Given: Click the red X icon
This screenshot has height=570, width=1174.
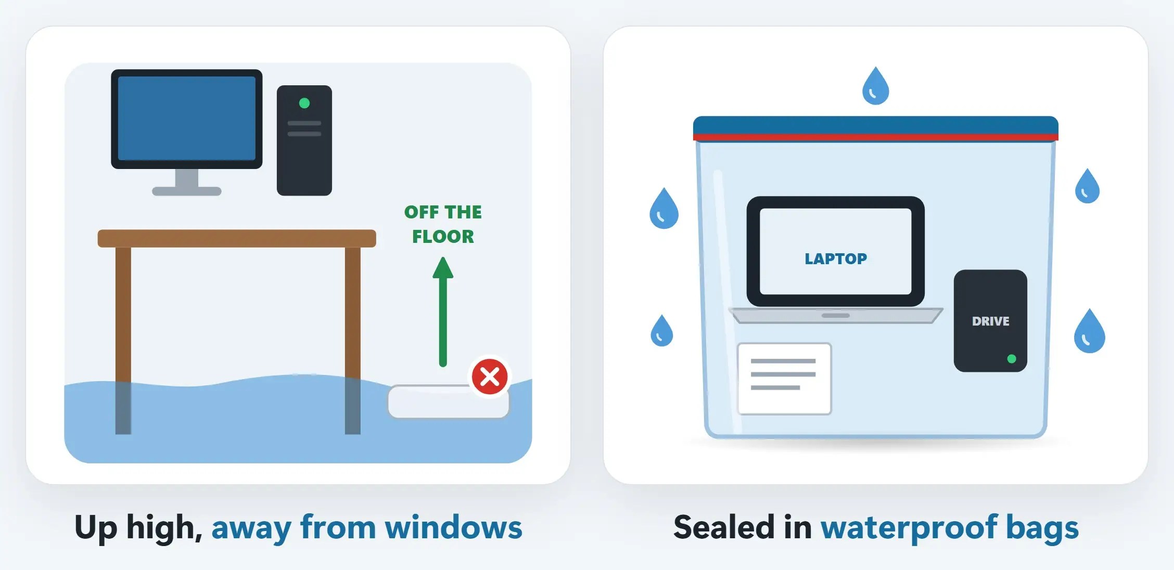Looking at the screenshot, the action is pos(490,377).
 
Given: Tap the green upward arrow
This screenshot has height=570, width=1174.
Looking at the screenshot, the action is pos(443,312).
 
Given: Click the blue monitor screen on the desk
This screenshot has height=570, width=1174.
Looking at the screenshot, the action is pos(187,118).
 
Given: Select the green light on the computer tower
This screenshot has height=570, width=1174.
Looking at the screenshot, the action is pos(304,103).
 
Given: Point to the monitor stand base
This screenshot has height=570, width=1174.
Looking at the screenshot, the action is pos(187,191).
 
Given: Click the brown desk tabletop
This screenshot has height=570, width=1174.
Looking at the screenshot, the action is pos(237,238).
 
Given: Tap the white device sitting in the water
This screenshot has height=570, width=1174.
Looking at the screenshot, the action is pos(448,401).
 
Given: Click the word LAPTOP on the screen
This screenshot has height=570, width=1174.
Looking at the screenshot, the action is pos(836,258).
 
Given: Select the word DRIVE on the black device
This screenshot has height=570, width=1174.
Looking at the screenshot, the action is pos(990,321).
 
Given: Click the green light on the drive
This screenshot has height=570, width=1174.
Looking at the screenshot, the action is pos(1012,359).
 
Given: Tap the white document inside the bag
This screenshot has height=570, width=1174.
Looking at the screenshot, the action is pos(784,379).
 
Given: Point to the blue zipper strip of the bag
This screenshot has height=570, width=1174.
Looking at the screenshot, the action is pos(876,125).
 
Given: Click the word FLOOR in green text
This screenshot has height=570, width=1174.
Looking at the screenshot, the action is pos(443,237).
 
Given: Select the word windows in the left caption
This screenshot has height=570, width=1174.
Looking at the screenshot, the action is pos(453,527).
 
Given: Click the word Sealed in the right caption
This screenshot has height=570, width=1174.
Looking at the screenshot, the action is pos(723,527).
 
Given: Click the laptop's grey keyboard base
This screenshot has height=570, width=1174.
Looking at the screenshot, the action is pos(836,315).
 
